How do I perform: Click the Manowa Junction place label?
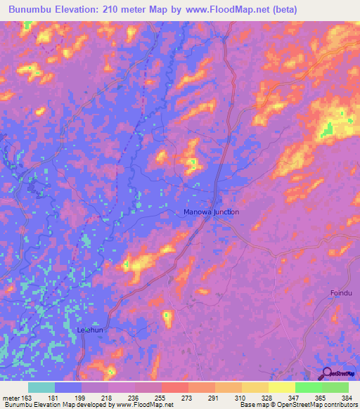(x=211, y=212)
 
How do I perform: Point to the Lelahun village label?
(x=91, y=329)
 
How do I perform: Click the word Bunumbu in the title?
(x=32, y=10)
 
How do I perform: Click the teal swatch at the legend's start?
(x=41, y=387)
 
